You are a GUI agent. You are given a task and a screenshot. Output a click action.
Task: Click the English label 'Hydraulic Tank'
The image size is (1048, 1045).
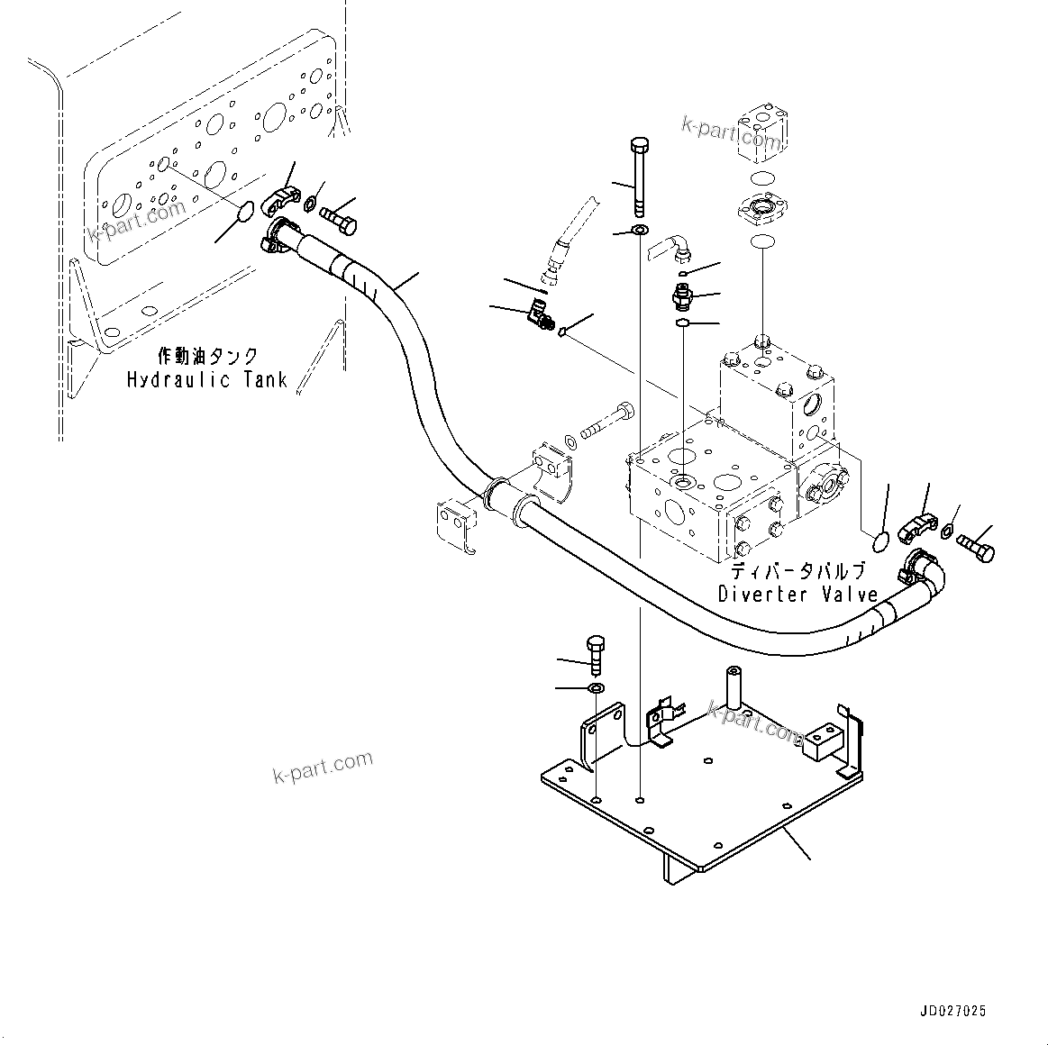click(x=206, y=379)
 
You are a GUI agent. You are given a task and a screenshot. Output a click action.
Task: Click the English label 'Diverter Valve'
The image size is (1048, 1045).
click(x=797, y=594)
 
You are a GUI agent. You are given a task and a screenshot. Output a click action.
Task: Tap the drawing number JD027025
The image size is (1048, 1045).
click(x=952, y=1011)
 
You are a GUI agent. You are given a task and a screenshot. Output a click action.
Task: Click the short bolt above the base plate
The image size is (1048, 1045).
click(x=596, y=655)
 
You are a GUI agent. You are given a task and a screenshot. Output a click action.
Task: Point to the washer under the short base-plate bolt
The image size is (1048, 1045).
click(x=596, y=688)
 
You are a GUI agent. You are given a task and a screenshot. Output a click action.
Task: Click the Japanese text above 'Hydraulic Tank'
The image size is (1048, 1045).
click(x=208, y=357)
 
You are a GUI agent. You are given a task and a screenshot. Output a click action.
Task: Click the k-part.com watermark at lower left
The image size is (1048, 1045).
click(x=323, y=767)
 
